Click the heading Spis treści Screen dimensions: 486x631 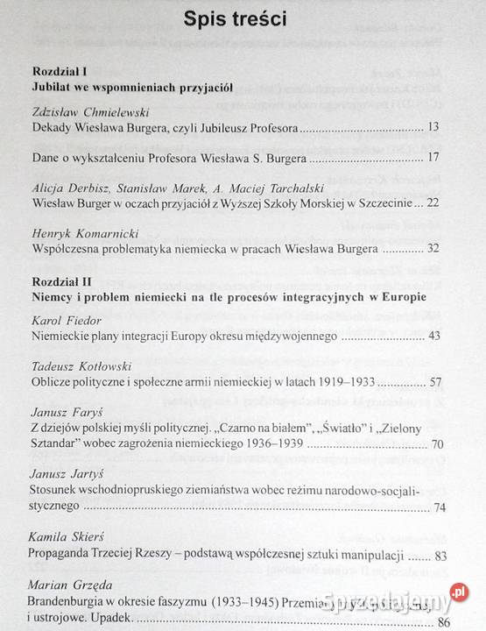242,20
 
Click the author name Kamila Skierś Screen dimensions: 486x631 68,538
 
